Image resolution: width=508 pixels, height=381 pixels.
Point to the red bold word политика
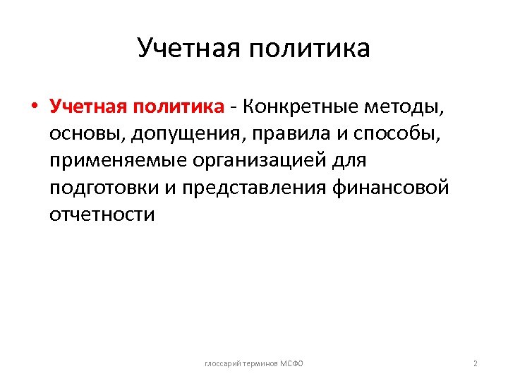176,107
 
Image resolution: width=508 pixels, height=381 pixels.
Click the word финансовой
392,188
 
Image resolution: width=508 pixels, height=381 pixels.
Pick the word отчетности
101,214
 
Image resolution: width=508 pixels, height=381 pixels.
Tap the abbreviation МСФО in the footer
291,363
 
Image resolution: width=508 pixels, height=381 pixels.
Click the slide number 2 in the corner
476,363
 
